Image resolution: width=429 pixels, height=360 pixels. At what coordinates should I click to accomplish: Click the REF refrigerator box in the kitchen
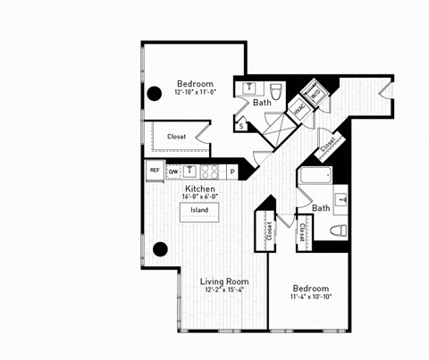(154, 170)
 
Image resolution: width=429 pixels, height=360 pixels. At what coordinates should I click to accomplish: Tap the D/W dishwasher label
(173, 170)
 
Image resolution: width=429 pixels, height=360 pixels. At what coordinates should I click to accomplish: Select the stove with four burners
(210, 171)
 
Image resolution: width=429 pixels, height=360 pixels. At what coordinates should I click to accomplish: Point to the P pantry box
(232, 171)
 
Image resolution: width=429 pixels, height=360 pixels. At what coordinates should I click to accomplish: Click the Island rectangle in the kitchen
(198, 211)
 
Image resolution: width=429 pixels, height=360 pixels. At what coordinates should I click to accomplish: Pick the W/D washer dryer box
(315, 92)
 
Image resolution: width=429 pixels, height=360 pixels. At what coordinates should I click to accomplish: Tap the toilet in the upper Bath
(277, 90)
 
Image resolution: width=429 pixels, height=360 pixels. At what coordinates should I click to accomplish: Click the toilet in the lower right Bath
(339, 230)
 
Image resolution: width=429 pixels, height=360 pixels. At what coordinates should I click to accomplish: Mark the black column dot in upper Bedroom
(154, 91)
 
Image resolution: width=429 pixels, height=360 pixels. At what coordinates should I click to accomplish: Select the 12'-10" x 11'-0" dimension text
(194, 92)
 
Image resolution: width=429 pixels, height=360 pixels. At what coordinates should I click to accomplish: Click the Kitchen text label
(198, 189)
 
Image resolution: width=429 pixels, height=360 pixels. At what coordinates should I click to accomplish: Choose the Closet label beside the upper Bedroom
(177, 137)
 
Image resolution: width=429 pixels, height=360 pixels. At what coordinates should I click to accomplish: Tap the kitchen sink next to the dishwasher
(189, 170)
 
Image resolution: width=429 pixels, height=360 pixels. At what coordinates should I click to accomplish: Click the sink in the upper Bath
(249, 88)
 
